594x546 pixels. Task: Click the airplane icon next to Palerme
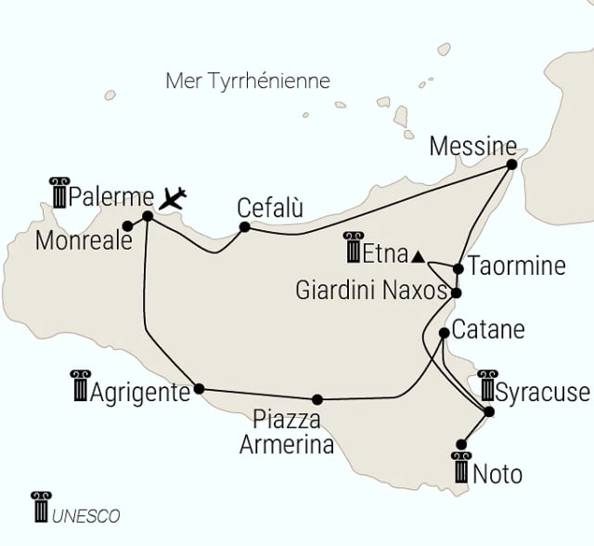tap(174, 197)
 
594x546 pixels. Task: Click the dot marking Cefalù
tap(245, 227)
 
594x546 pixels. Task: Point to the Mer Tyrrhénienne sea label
tap(248, 81)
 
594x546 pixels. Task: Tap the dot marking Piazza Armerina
tap(317, 399)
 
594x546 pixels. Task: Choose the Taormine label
tap(516, 266)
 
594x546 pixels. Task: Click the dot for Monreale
tap(126, 226)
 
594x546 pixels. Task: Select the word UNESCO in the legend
tap(86, 515)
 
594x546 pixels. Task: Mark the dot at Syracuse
tap(490, 411)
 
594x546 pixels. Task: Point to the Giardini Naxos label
tap(370, 291)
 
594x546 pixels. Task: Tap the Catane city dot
tap(445, 332)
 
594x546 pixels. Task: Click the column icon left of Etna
tap(353, 247)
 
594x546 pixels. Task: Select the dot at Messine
tap(510, 165)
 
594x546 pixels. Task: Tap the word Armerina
tap(286, 445)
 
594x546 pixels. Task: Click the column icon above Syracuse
tap(487, 384)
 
